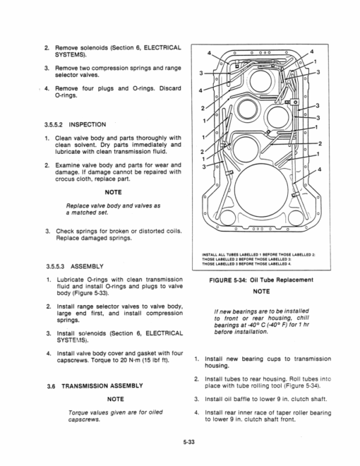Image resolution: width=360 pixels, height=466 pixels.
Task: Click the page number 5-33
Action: [x=188, y=442]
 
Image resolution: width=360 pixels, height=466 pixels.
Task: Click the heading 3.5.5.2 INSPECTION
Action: [x=75, y=124]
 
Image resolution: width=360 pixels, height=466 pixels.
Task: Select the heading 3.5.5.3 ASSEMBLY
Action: [x=75, y=266]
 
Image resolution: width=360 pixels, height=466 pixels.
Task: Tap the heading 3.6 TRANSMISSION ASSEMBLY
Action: [x=95, y=386]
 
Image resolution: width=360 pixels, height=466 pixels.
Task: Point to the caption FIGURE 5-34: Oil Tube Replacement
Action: [x=261, y=280]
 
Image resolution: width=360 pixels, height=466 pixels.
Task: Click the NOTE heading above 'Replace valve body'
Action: [x=113, y=192]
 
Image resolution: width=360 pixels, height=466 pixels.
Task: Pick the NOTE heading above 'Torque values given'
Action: [x=115, y=399]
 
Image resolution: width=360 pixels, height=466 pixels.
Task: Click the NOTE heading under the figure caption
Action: [x=261, y=292]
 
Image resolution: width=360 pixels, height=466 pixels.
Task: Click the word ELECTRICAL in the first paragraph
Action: [x=162, y=48]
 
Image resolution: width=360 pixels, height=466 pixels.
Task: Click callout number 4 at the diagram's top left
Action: [x=209, y=53]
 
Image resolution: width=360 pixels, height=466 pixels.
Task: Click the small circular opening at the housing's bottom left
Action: [x=227, y=217]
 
